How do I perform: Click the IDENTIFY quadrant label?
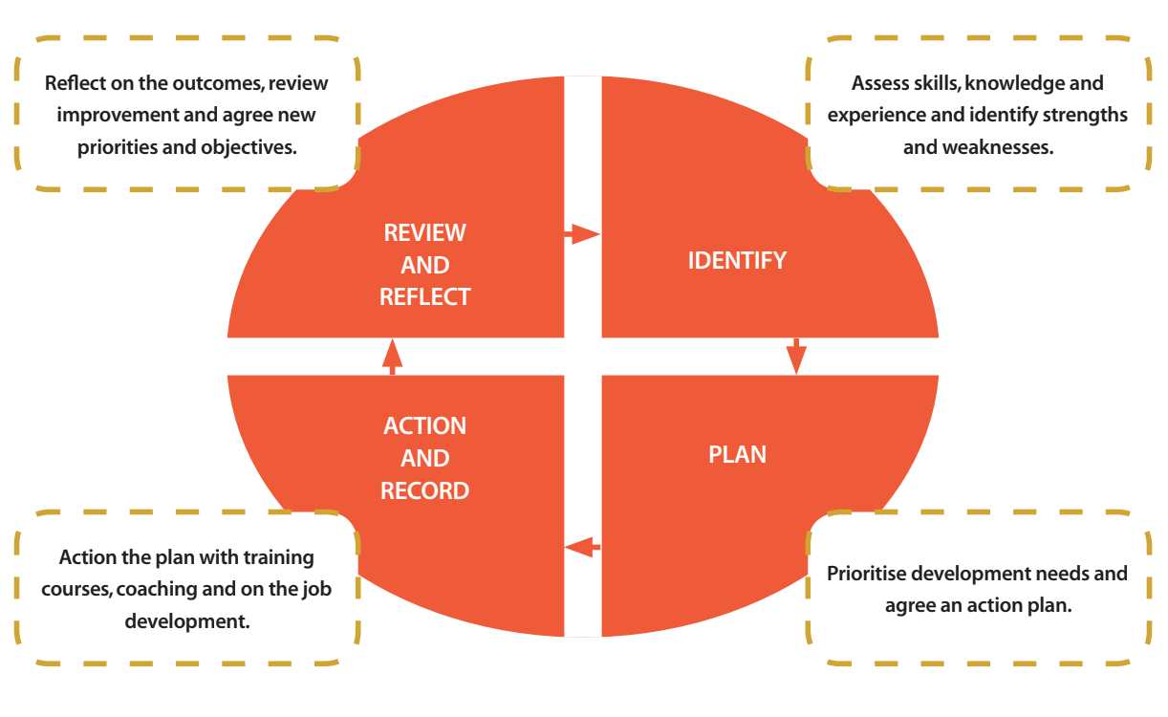pyautogui.click(x=737, y=260)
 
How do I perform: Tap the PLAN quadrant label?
pyautogui.click(x=737, y=454)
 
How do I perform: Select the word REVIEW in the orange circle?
pyautogui.click(x=425, y=233)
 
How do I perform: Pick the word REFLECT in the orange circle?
pyautogui.click(x=425, y=297)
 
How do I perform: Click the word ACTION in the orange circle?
pyautogui.click(x=425, y=426)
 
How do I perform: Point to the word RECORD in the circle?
pyautogui.click(x=425, y=491)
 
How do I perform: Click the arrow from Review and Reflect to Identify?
pyautogui.click(x=581, y=233)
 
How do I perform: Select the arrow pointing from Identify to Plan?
pyautogui.click(x=796, y=356)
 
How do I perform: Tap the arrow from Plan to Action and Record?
pyautogui.click(x=583, y=548)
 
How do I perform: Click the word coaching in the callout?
pyautogui.click(x=154, y=589)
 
